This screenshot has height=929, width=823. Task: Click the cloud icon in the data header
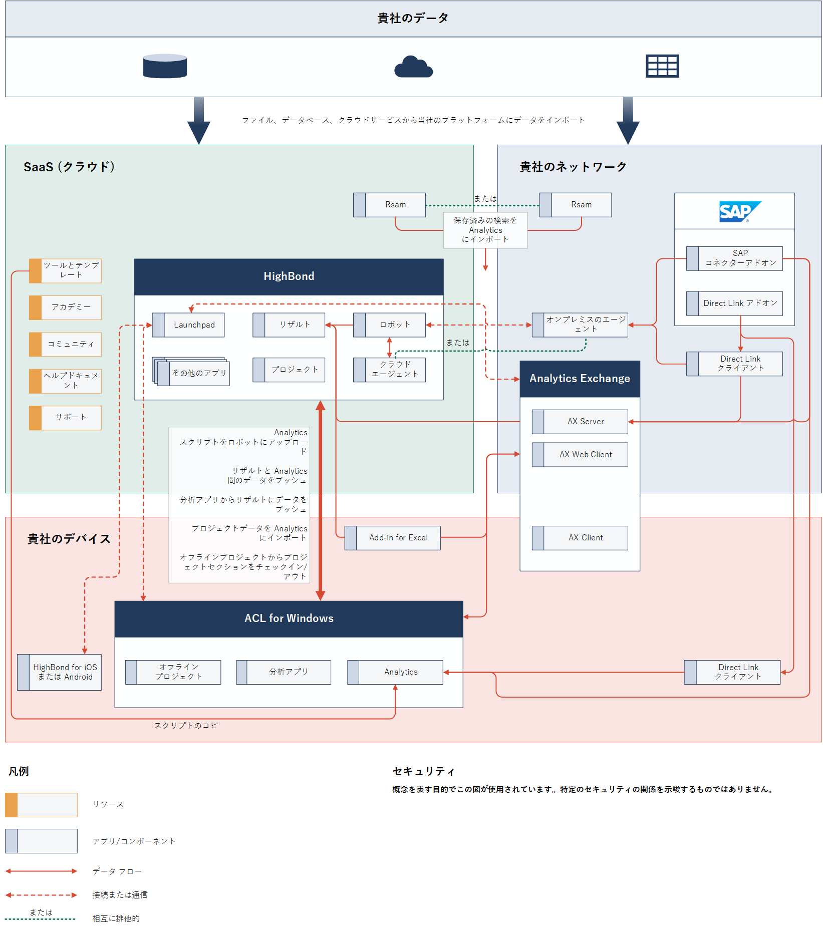tap(413, 67)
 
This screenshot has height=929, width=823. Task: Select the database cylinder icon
tap(165, 66)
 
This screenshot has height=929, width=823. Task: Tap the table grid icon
tap(662, 66)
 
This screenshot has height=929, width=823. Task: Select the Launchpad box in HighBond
tap(189, 325)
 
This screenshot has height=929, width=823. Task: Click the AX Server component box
tap(580, 422)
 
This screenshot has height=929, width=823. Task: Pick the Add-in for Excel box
tap(393, 538)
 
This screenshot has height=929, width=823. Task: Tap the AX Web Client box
tap(580, 455)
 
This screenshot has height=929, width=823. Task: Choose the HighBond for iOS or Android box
tap(60, 672)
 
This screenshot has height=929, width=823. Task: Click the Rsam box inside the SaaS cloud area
tap(390, 205)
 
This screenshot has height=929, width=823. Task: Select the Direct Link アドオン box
tap(734, 303)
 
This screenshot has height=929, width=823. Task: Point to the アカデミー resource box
tap(66, 307)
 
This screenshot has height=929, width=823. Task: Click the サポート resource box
tap(66, 418)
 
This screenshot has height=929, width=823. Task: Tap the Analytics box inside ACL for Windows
tap(395, 672)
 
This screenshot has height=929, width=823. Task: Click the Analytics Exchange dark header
tap(580, 379)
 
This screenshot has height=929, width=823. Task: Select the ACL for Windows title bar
tap(289, 618)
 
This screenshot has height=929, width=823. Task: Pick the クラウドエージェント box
tap(390, 370)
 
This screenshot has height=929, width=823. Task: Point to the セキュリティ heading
tap(423, 771)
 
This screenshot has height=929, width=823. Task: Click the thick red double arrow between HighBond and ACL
tap(321, 501)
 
